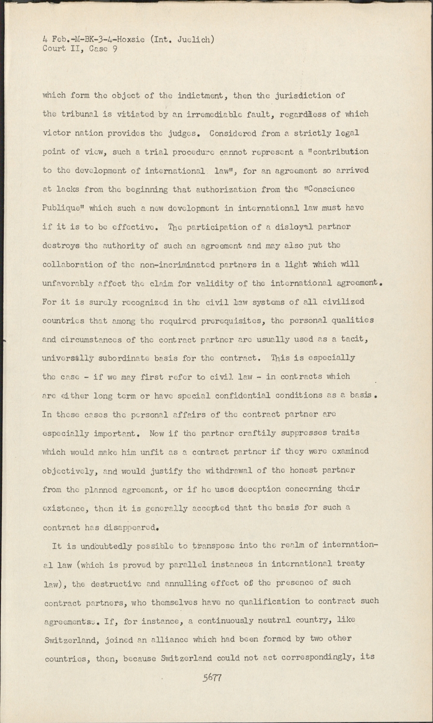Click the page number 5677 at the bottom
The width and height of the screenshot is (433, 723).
pos(212,677)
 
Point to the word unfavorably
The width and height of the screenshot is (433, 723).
pos(65,283)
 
